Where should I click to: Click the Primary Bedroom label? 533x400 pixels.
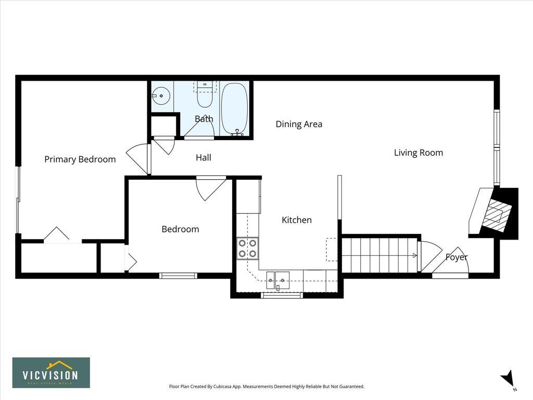[80, 159]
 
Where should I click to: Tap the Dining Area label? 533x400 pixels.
[299, 124]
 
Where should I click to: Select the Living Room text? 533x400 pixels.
[418, 153]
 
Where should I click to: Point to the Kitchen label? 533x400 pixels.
[296, 220]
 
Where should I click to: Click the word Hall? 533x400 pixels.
[204, 157]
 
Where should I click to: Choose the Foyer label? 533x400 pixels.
[456, 257]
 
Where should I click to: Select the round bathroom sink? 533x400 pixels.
[160, 96]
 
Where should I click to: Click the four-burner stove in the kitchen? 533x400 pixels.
[247, 248]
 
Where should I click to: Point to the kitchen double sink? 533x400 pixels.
[278, 280]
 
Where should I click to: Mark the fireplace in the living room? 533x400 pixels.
[493, 213]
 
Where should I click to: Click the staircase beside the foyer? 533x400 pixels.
[379, 255]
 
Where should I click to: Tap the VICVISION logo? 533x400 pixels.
[52, 372]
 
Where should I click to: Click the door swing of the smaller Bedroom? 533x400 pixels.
[211, 188]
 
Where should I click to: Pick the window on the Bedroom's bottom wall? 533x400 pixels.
[178, 276]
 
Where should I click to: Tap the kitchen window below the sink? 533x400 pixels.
[282, 295]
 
